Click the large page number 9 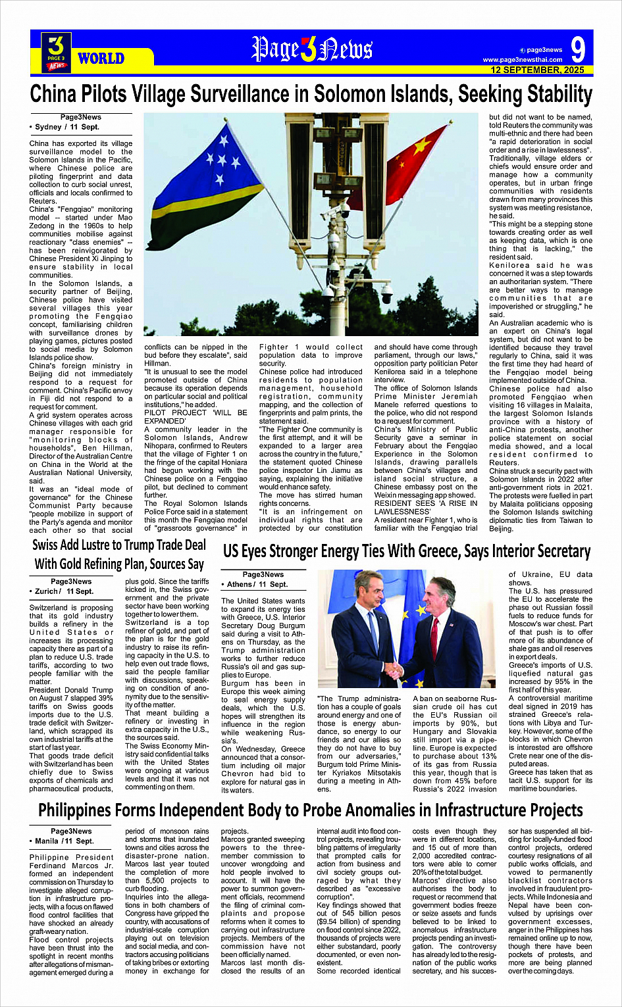(578, 50)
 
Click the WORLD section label (101, 59)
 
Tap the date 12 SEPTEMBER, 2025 (537, 70)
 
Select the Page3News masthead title (311, 50)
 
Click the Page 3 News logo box (57, 53)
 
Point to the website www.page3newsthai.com (523, 60)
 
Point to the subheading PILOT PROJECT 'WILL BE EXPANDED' (195, 417)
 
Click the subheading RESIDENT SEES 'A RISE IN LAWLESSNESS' (426, 507)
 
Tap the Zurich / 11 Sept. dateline (64, 591)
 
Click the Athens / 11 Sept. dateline (257, 584)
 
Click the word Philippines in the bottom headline (88, 810)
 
